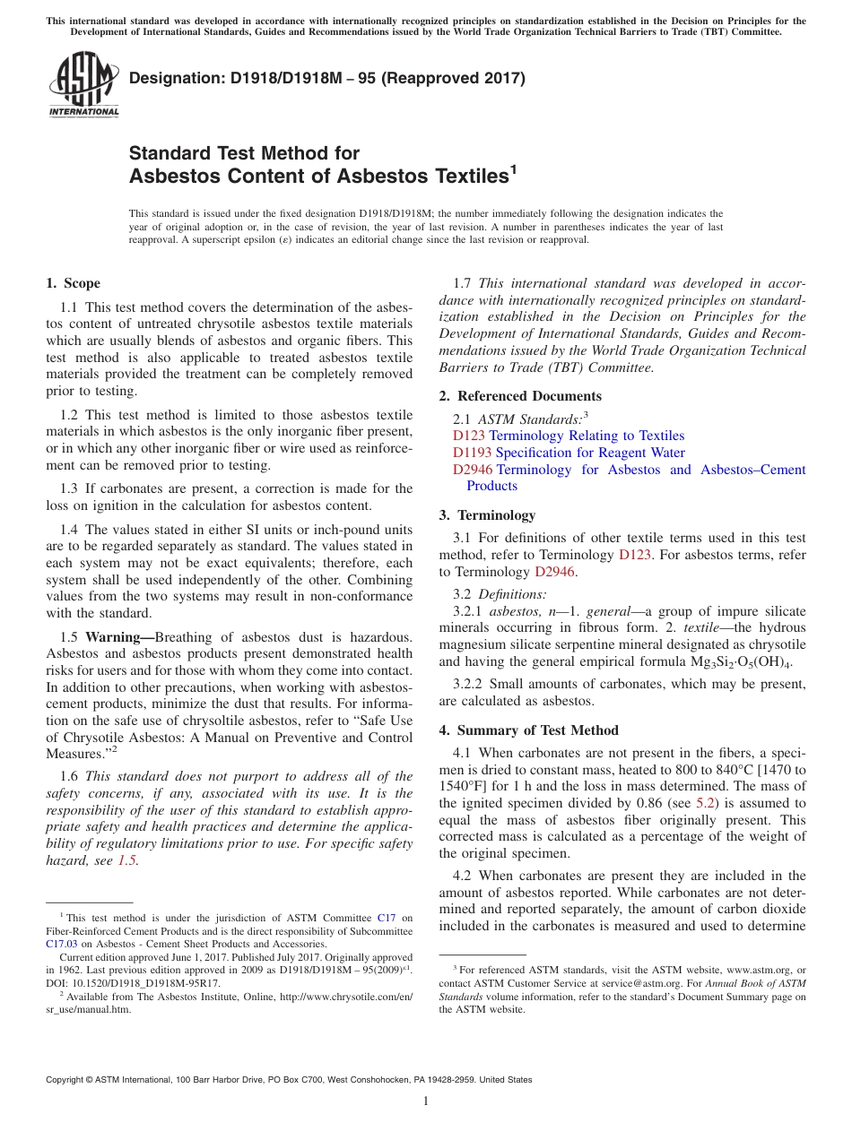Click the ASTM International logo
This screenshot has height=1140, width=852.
(x=83, y=84)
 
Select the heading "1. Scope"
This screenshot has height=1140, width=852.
(x=73, y=284)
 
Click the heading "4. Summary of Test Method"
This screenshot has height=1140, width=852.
(x=528, y=730)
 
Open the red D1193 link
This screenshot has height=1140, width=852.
(x=472, y=453)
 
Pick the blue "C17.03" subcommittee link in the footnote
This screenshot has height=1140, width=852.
(x=62, y=943)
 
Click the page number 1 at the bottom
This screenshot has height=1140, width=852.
(x=426, y=1101)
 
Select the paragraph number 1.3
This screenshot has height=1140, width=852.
(x=71, y=488)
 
